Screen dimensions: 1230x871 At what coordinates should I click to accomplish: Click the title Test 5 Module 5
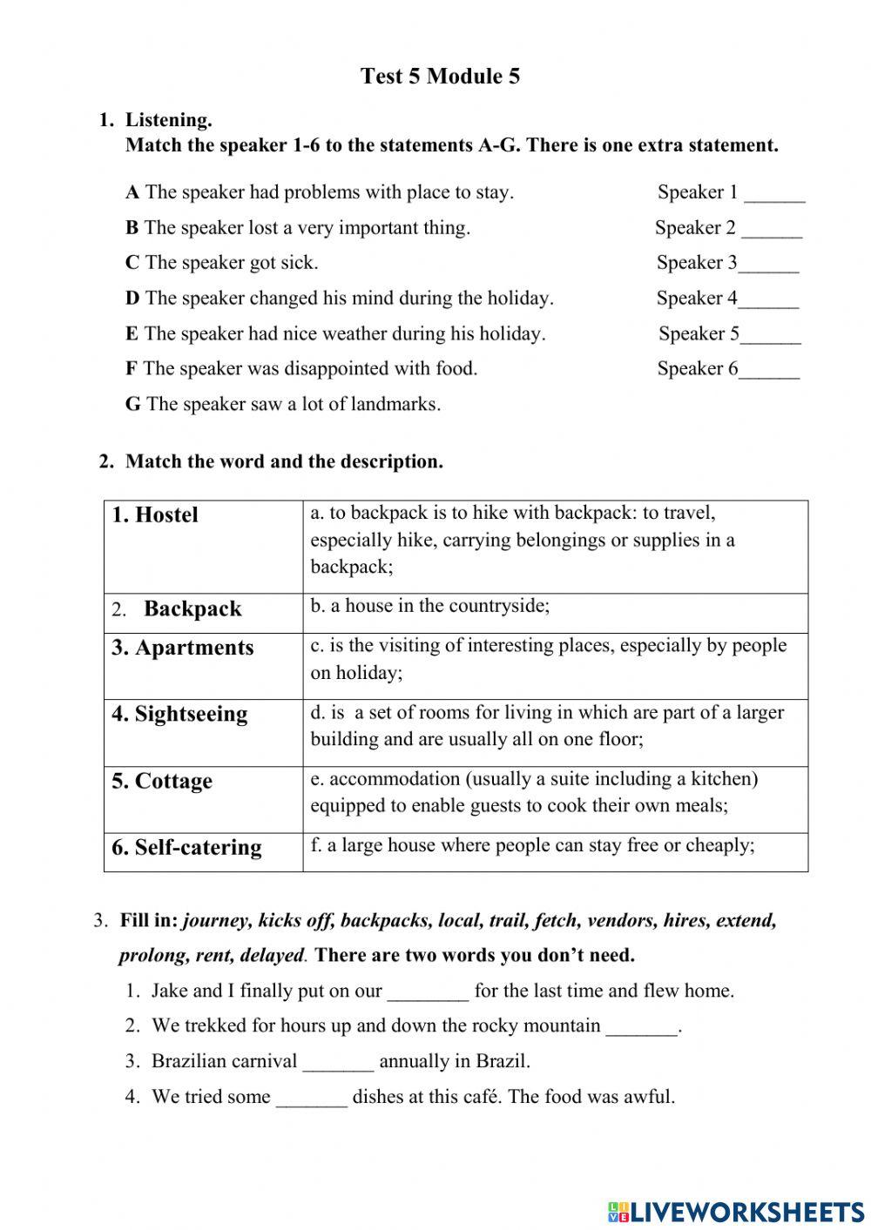click(x=440, y=77)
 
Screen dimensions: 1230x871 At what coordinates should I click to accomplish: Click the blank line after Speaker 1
click(x=774, y=195)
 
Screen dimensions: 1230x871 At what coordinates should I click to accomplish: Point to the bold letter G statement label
click(x=132, y=404)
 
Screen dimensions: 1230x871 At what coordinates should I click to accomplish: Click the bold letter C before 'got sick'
click(x=132, y=263)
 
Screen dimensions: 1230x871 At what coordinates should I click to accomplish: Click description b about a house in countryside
click(x=430, y=607)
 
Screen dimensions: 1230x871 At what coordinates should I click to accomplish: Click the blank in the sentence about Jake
click(x=428, y=992)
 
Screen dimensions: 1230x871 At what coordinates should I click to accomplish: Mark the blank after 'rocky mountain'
click(x=641, y=1028)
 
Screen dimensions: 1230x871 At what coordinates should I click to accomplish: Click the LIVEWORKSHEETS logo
click(x=735, y=1211)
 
